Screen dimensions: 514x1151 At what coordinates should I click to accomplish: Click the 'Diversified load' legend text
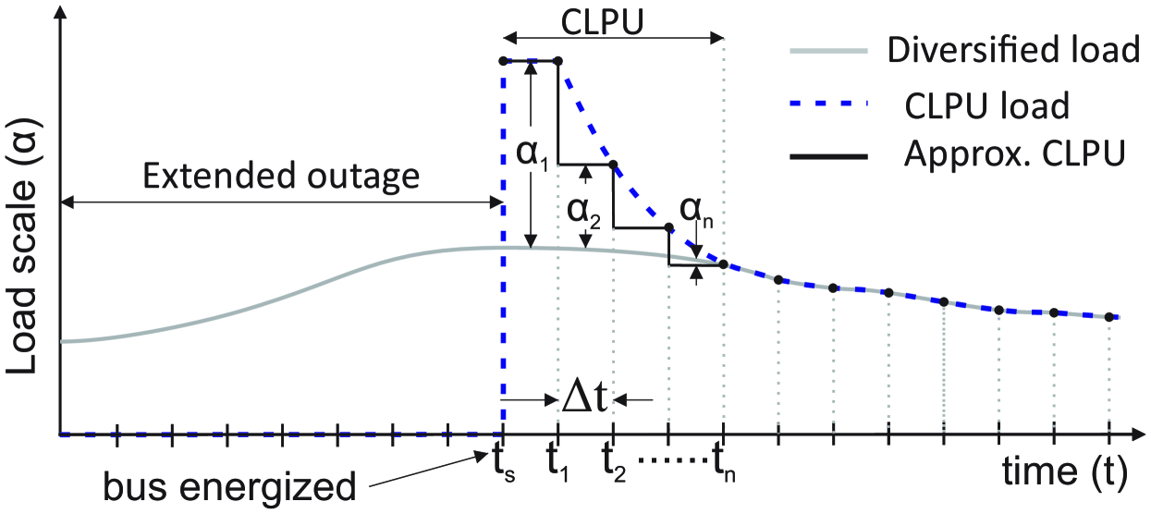pyautogui.click(x=1012, y=50)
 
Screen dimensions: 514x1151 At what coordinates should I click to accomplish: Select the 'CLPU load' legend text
pyautogui.click(x=986, y=105)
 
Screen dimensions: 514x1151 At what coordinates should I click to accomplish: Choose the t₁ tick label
pyautogui.click(x=559, y=461)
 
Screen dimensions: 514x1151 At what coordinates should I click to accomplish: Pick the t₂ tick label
pyautogui.click(x=616, y=461)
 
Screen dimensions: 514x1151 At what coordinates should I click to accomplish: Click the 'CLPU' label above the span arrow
pyautogui.click(x=613, y=18)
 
